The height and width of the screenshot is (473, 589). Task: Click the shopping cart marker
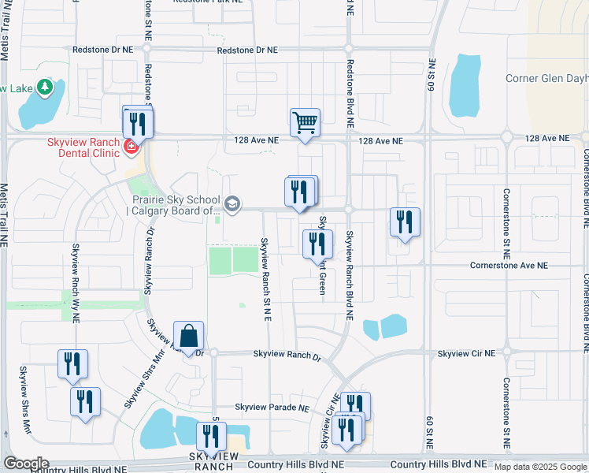coord(305,123)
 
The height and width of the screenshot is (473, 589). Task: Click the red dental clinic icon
coord(130,146)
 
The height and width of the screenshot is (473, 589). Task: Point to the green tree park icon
coord(45,87)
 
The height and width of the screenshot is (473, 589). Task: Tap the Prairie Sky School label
coord(174,205)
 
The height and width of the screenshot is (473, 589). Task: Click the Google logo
coord(25,464)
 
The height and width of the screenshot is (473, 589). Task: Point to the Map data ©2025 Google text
coord(539,467)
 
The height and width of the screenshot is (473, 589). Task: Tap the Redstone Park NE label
coord(206,3)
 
